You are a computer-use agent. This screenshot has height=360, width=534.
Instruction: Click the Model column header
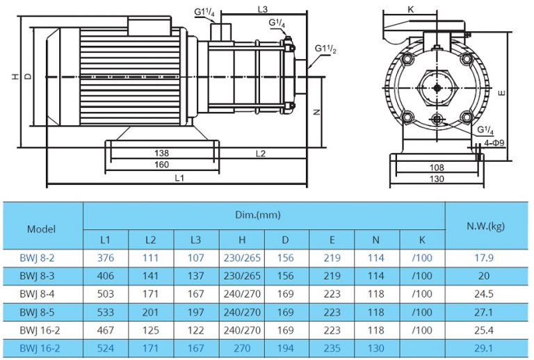tap(41, 228)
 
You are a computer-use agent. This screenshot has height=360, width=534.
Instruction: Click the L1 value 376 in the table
tap(106, 259)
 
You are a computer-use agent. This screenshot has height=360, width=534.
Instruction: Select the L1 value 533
tap(106, 310)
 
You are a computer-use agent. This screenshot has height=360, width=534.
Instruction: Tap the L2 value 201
tap(150, 310)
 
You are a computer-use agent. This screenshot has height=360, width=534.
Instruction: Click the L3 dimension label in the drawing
tap(263, 9)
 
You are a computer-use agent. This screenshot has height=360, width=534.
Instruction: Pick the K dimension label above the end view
tap(411, 10)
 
